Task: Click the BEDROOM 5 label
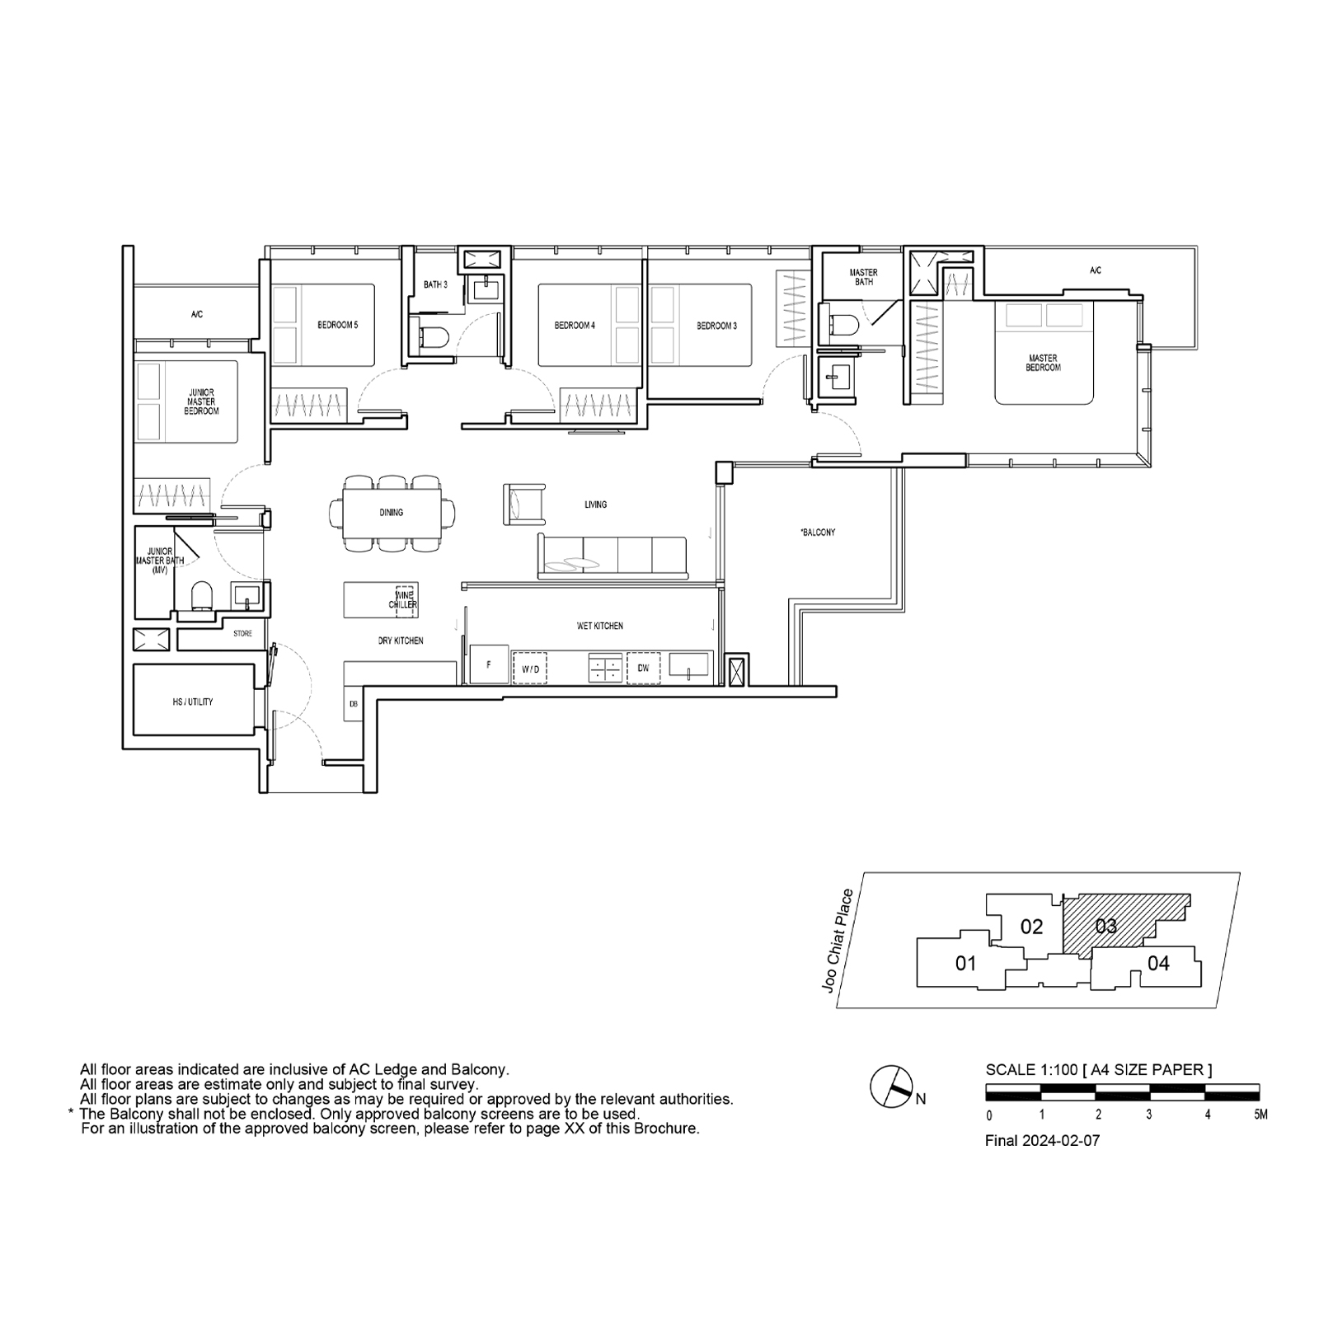(x=338, y=325)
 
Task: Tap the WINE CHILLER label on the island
(x=404, y=599)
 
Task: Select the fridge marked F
(x=489, y=664)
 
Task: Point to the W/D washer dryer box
(x=531, y=669)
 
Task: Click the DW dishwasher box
(x=643, y=669)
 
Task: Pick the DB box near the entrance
(x=354, y=703)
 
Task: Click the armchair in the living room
(x=524, y=504)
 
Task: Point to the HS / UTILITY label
(x=193, y=702)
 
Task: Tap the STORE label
(x=242, y=634)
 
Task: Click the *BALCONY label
(x=818, y=533)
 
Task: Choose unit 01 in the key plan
(x=965, y=963)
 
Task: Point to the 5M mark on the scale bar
(x=1260, y=1115)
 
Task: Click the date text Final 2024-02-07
(x=1042, y=1141)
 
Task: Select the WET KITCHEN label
(x=600, y=626)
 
